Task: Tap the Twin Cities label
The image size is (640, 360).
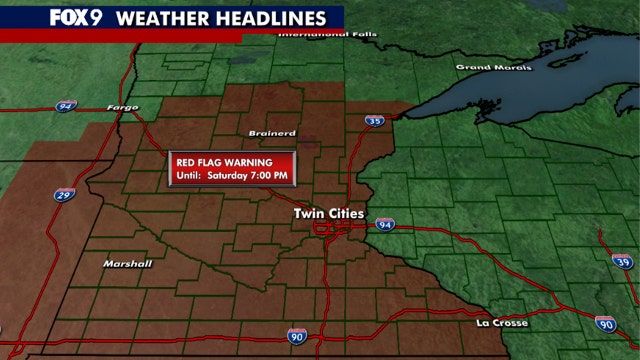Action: pyautogui.click(x=329, y=213)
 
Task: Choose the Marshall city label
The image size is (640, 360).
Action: pyautogui.click(x=128, y=264)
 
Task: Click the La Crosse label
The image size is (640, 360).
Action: pyautogui.click(x=502, y=324)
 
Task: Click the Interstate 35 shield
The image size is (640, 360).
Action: pyautogui.click(x=374, y=121)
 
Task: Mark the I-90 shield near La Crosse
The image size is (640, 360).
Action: pyautogui.click(x=606, y=324)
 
